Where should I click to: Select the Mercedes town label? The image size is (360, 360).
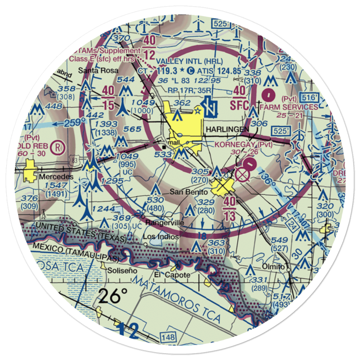56,177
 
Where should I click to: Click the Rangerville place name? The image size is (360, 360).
165,223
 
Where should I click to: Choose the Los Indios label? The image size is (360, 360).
160,237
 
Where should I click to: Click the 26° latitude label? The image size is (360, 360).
114,296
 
